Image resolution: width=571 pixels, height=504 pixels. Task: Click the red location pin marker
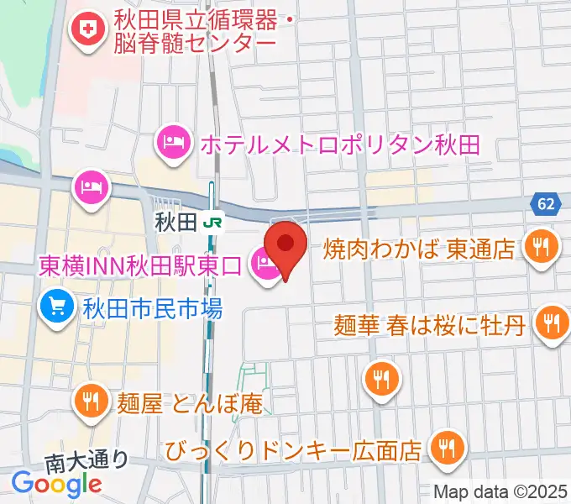pos(285,245)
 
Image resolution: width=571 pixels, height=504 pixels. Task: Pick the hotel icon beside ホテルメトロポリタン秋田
pos(173,140)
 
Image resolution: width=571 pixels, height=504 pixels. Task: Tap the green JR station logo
pos(213,223)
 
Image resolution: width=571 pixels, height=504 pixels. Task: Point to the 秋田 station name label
pos(175,223)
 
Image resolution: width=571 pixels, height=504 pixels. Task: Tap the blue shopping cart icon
pos(56,306)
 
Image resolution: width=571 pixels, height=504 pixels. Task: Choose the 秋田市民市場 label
pos(152,308)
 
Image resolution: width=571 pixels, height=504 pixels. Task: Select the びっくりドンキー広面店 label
pos(293,451)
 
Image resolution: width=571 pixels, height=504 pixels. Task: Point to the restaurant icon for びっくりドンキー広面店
pos(446,447)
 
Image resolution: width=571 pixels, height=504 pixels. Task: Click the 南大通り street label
pos(86,459)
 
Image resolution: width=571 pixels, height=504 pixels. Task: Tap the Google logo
pos(56,483)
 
